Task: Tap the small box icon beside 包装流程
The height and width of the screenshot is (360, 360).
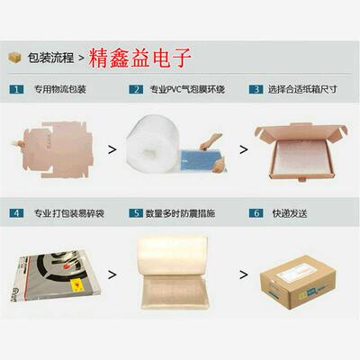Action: pos(14,58)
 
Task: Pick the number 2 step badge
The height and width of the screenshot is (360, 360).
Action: pos(136,90)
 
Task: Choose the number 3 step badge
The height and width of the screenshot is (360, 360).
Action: pos(256,90)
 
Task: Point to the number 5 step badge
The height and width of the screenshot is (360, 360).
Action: pos(136,213)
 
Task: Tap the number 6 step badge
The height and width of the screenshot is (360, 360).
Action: pos(256,213)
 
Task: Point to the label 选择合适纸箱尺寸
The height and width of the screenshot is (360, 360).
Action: pos(302,90)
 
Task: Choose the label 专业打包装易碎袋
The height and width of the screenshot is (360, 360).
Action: pos(68,213)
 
